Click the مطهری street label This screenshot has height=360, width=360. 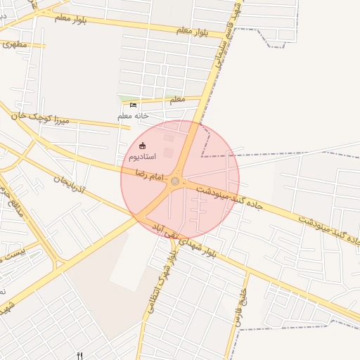15,44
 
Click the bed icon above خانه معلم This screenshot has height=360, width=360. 134,105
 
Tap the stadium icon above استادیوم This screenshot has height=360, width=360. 143,146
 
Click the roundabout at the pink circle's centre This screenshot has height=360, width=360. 175,181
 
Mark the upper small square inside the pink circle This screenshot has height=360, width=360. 168,139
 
